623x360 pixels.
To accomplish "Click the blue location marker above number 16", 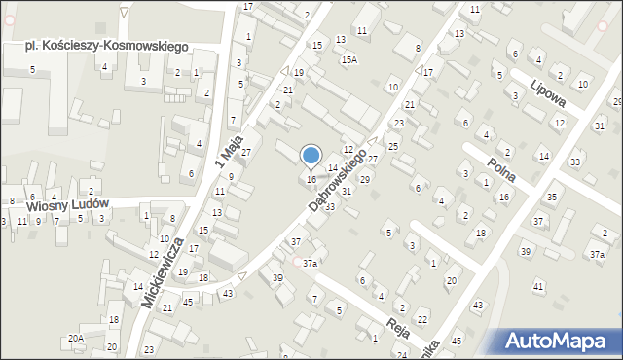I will [x=311, y=156].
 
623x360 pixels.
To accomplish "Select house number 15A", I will [x=348, y=59].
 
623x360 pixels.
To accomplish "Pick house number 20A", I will [x=76, y=338].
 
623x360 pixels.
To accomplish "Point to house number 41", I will [x=538, y=287].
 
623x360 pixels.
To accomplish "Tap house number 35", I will [x=552, y=198].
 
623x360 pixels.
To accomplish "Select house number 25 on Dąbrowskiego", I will [x=392, y=146].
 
